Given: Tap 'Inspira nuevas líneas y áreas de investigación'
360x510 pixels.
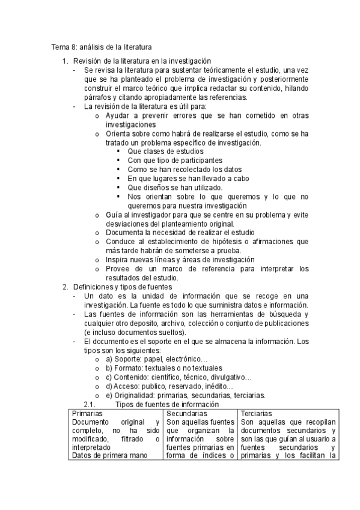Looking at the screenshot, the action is [x=180, y=260].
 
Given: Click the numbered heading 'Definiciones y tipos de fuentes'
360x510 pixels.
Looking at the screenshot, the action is [x=123, y=287].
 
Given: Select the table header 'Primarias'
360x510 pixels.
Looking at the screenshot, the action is [x=87, y=414].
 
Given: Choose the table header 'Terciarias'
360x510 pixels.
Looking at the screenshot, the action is [x=256, y=414].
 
